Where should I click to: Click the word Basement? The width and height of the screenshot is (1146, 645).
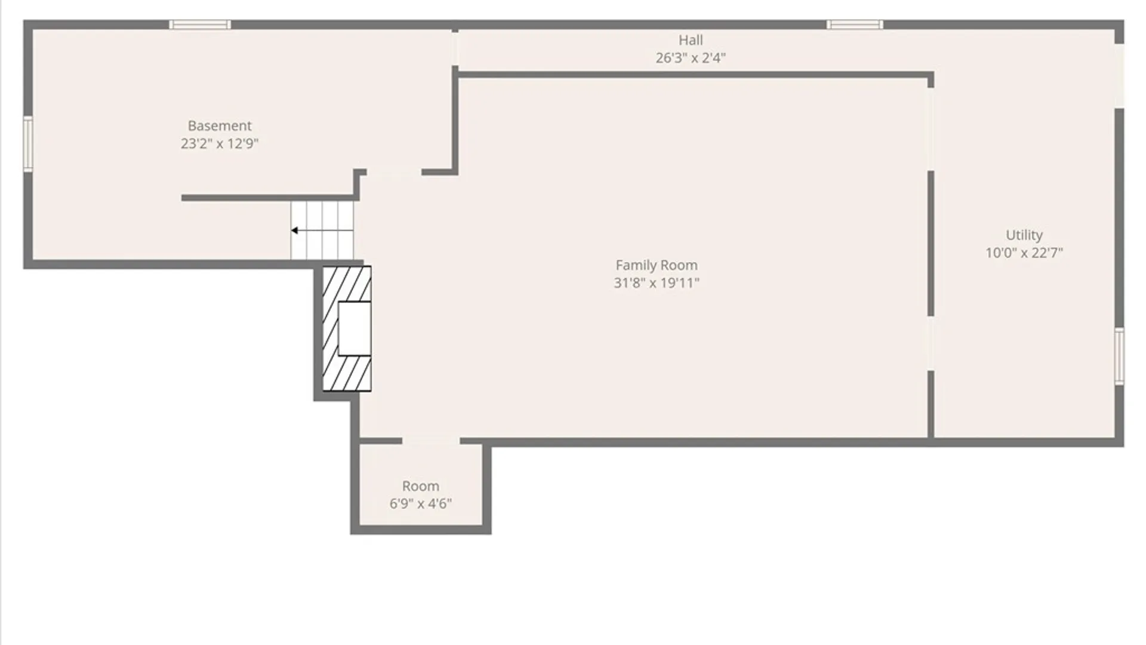coord(220,126)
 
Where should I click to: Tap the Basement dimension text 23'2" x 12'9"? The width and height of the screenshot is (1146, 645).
coord(220,143)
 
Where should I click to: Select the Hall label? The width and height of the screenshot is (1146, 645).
coord(691,40)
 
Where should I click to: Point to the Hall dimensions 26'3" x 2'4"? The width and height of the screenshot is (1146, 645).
coord(691,58)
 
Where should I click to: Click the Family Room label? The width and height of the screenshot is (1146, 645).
coord(657,265)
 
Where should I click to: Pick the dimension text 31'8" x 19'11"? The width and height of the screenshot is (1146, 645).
coord(657,282)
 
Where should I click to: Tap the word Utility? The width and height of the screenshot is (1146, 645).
coord(1024,235)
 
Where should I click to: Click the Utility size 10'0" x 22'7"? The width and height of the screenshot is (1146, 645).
coord(1024,253)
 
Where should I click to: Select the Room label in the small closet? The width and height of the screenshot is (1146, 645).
coord(421,486)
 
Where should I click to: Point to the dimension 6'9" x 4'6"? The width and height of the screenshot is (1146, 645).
coord(421,503)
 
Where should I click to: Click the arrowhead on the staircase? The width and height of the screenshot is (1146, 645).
coord(295,231)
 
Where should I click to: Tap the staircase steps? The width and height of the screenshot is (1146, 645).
coord(322,231)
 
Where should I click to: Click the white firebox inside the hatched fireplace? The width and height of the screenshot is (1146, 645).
coord(355,328)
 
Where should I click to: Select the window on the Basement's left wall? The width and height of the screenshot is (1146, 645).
coord(27,144)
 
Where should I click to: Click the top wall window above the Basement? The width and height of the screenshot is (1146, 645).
coord(200,24)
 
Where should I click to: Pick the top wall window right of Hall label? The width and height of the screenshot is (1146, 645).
coord(855,24)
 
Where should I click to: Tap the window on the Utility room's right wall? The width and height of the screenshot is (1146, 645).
coord(1120,356)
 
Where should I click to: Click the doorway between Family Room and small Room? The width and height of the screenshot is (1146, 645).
coord(431,441)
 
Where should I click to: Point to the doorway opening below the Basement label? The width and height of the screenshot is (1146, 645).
coord(394,172)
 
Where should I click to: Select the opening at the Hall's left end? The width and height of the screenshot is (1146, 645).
coord(455,49)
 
